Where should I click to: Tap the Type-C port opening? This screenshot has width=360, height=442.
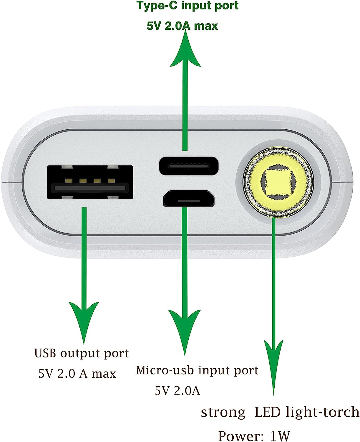coord(189,166)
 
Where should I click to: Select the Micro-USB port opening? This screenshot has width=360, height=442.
coord(189,198)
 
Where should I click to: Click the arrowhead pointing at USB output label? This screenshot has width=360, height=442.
coord(84,321)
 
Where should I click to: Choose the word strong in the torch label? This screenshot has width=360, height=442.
coord(223,413)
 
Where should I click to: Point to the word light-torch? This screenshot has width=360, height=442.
coord(322,412)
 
